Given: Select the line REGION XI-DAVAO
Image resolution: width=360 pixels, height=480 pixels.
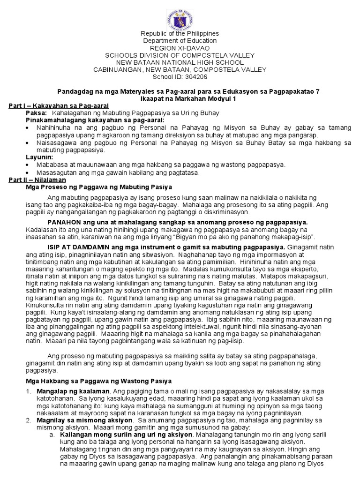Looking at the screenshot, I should [x=180, y=48].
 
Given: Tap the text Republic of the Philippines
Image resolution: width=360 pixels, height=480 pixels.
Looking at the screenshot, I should [x=180, y=34].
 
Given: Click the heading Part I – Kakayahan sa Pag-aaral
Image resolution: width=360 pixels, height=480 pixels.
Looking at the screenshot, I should [x=55, y=106].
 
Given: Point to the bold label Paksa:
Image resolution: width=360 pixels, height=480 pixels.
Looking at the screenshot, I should [x=36, y=113].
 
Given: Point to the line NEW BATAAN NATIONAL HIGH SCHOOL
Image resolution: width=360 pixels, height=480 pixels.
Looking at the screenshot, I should [x=180, y=62].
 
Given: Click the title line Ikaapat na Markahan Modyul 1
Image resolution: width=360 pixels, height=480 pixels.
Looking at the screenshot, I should [x=180, y=99].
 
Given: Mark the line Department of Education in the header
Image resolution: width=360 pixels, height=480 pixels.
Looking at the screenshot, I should [x=180, y=41].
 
